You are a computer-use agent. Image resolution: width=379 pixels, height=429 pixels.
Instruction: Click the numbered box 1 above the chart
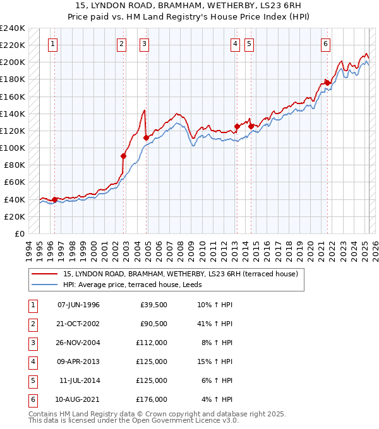52,44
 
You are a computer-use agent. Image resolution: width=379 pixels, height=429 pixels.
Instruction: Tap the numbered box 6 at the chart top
325,44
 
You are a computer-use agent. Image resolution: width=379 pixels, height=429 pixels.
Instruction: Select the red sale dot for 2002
124,156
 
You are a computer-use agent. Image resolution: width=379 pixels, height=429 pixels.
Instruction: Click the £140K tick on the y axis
14,114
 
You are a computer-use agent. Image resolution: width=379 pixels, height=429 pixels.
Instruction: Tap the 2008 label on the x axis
182,249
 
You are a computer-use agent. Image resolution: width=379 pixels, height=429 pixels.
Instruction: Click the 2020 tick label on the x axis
310,249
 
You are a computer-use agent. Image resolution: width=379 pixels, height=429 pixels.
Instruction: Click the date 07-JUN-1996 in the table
78,305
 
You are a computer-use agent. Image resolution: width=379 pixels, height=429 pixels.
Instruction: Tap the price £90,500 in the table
153,324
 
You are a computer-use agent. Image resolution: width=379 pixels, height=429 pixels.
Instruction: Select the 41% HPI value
214,324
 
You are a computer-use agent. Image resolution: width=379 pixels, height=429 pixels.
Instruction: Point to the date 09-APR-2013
78,361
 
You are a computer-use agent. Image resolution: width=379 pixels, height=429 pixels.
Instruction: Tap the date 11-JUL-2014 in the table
80,380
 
